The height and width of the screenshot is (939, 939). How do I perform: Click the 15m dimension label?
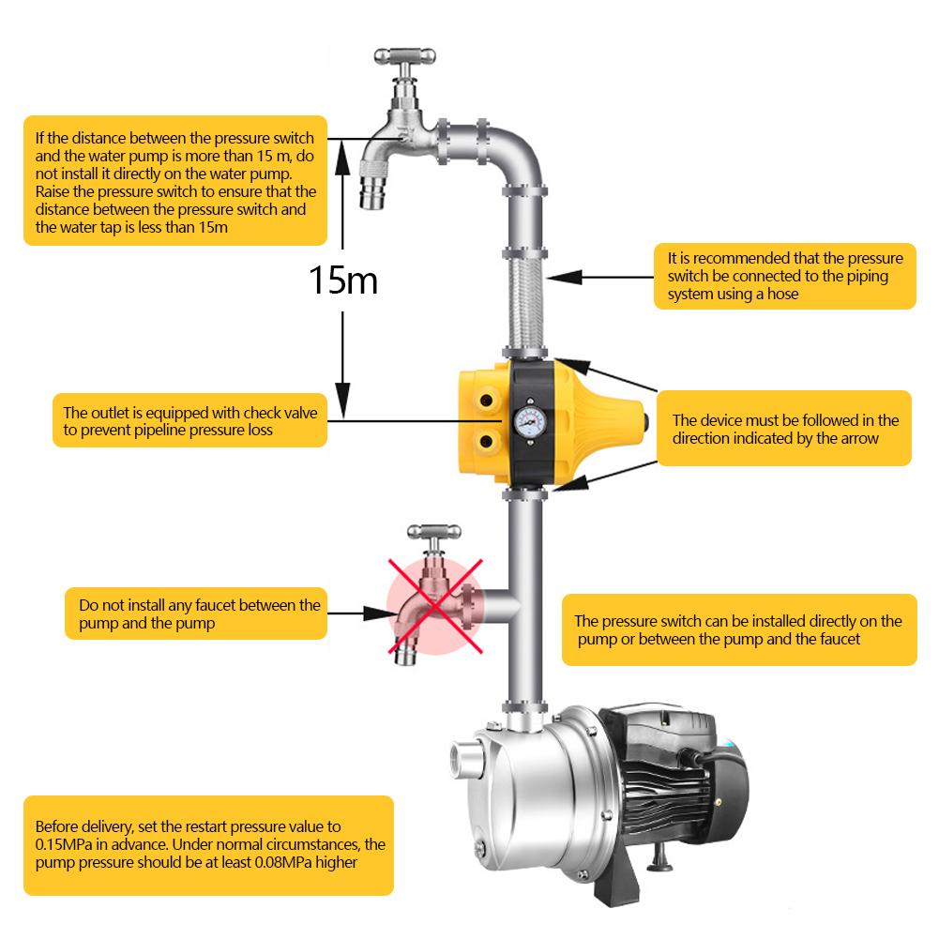pos(343,279)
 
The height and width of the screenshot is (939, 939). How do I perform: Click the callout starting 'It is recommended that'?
pos(784,276)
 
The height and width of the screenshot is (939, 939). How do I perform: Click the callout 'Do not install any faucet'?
pos(197,613)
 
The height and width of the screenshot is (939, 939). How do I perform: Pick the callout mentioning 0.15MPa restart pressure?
pos(208,844)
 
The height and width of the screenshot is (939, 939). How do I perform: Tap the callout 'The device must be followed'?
pos(783,429)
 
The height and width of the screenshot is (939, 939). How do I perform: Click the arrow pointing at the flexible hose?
pos(600,276)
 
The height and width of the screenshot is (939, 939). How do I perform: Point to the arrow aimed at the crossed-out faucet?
pos(361,613)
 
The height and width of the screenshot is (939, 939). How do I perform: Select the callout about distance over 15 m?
pos(174,181)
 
